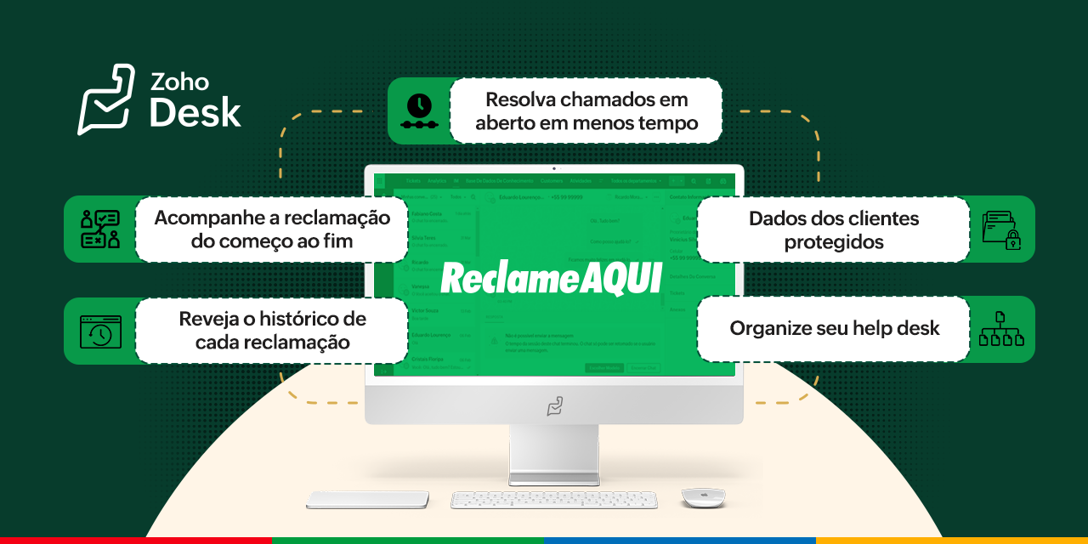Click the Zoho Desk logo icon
tap(106, 99)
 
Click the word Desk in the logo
tap(195, 113)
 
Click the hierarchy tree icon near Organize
tap(1001, 329)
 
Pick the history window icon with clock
tap(100, 331)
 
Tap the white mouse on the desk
tap(703, 497)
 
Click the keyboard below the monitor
tap(553, 500)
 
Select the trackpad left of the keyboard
tap(367, 500)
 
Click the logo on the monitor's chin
tap(554, 406)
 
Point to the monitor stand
tap(553, 455)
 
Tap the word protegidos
tap(833, 243)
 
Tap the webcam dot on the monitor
tap(554, 168)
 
